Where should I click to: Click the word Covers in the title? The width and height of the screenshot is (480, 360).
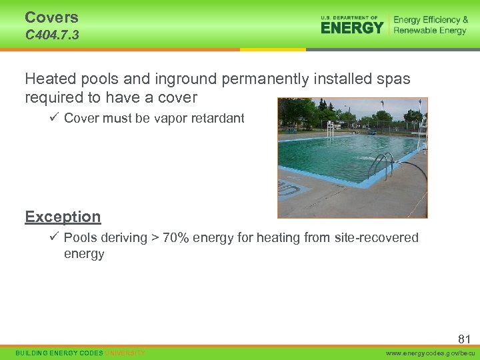tap(51, 17)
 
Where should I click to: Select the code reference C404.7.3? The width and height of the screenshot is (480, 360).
tap(52, 35)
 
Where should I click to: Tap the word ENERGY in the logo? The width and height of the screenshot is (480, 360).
tap(352, 28)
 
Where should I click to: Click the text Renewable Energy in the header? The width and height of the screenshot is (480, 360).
tap(431, 31)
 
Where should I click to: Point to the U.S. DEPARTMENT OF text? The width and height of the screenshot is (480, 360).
tap(349, 17)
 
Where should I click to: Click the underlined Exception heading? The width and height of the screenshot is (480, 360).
tap(63, 217)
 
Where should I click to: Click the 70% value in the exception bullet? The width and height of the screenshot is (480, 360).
tap(185, 238)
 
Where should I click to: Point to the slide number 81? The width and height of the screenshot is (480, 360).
tap(464, 339)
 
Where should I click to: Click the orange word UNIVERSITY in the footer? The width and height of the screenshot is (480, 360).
tap(125, 353)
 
